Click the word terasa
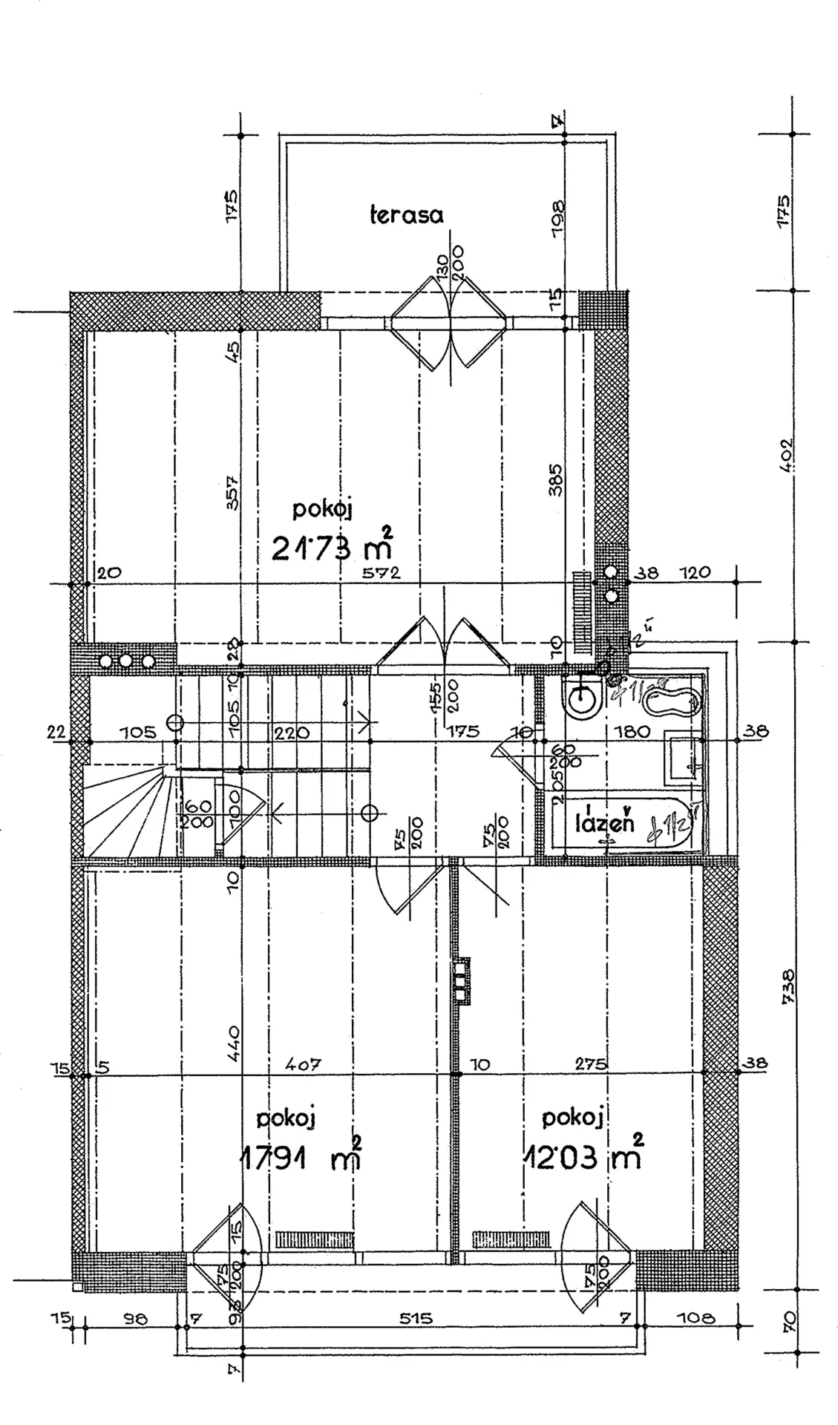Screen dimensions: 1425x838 pyautogui.click(x=406, y=215)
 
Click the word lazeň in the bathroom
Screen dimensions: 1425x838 pyautogui.click(x=606, y=823)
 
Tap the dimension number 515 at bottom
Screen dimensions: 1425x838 pyautogui.click(x=416, y=1319)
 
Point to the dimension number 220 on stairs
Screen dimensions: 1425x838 pyautogui.click(x=292, y=733)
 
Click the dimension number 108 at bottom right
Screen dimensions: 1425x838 pyautogui.click(x=696, y=1319)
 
